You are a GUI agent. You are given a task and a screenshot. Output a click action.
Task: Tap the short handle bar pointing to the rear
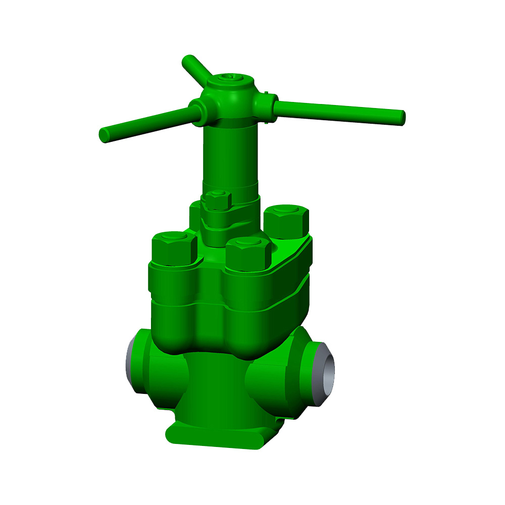[x=194, y=68]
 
